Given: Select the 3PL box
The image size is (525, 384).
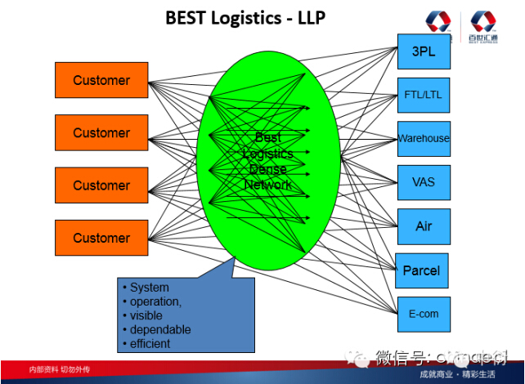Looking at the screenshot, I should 423,51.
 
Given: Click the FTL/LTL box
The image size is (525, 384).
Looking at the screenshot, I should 423,95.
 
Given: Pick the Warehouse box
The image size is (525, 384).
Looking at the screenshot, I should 424,138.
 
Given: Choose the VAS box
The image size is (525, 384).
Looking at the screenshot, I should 423,181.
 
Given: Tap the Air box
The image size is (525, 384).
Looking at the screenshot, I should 424,225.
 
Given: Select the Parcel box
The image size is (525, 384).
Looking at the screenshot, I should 422,270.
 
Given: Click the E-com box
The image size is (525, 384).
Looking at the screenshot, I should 424,314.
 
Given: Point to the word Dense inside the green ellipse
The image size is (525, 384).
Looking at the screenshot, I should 267,169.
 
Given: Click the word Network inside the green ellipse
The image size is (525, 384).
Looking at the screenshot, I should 267,185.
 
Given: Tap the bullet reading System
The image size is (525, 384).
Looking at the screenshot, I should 150,288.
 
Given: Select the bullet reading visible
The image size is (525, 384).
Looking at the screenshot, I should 146,315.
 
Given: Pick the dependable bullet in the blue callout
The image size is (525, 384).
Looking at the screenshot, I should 160,329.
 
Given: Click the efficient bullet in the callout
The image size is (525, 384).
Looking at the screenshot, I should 150,343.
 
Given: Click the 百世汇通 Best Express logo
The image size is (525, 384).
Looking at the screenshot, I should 486,28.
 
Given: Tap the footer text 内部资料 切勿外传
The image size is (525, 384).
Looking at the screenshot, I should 60,369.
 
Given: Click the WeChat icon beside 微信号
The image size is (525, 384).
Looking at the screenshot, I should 359,356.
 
